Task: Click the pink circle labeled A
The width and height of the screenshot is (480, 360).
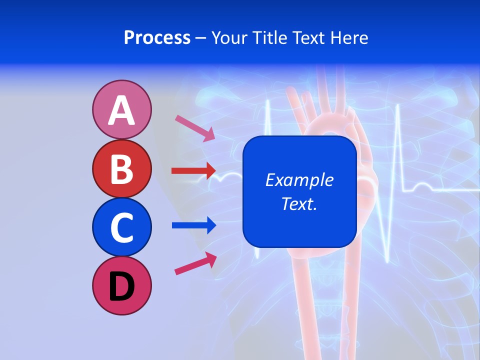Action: tap(121, 109)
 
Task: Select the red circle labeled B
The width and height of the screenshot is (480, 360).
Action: tap(121, 168)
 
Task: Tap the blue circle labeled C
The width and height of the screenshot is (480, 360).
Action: tap(121, 227)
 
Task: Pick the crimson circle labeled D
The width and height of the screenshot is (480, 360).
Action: tap(121, 286)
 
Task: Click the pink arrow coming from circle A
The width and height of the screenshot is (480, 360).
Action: tap(195, 127)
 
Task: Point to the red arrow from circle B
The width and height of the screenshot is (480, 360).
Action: tap(193, 171)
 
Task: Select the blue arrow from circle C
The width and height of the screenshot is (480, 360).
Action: tap(193, 225)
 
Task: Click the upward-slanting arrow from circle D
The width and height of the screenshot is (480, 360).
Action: tap(195, 263)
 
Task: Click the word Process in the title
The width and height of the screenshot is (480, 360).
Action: tap(157, 38)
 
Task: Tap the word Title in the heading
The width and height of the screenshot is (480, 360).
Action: tap(267, 38)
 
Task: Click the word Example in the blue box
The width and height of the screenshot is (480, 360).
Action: tap(299, 180)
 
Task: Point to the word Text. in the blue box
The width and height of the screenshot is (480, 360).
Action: tap(299, 203)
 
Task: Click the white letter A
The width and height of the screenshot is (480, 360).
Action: tap(121, 110)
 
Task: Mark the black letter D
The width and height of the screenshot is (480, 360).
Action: tap(121, 286)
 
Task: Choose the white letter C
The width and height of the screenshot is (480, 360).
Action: tap(121, 227)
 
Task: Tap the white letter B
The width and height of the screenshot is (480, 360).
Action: tap(121, 169)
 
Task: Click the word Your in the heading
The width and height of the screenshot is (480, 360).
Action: tap(228, 38)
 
